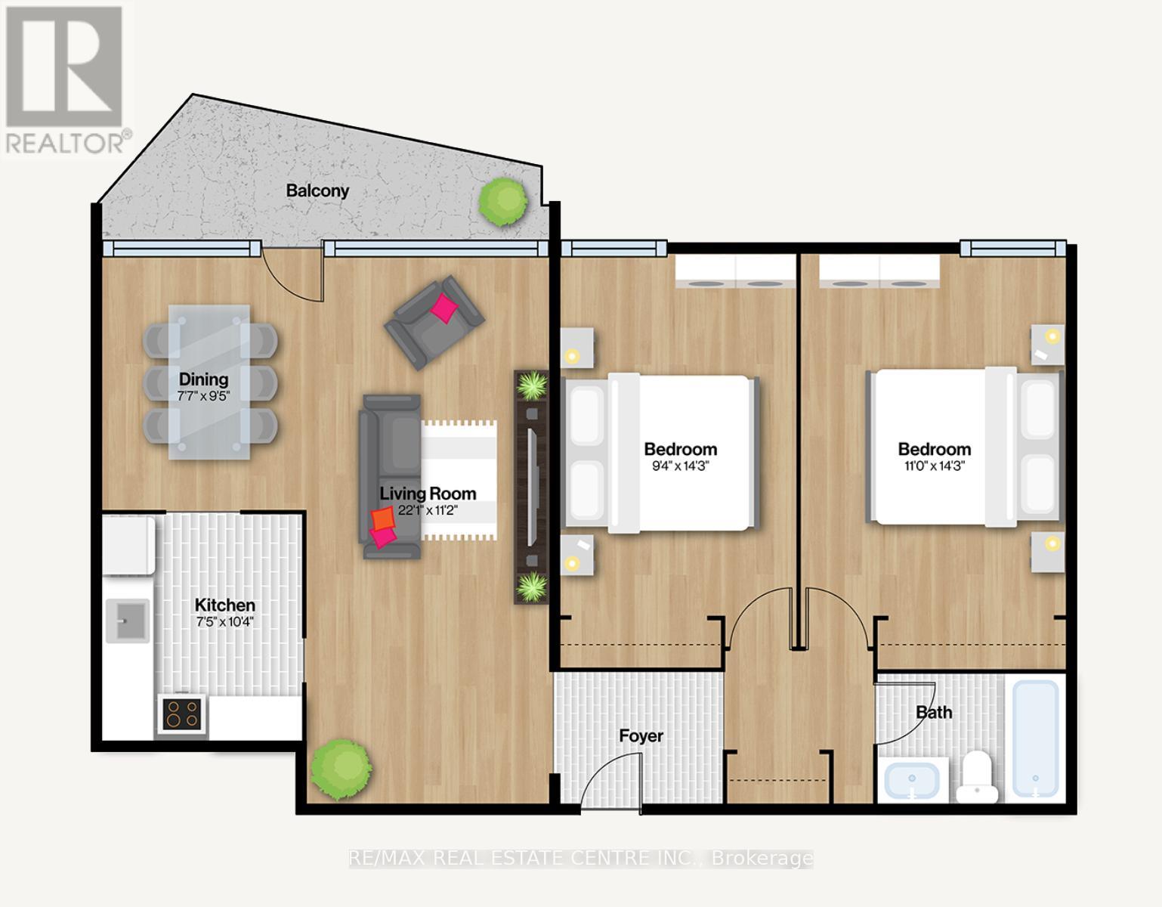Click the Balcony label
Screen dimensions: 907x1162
click(317, 190)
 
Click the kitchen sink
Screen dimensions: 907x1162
click(128, 620)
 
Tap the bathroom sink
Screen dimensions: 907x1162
click(912, 780)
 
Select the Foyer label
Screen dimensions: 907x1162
click(641, 735)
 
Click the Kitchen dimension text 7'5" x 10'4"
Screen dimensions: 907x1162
click(225, 623)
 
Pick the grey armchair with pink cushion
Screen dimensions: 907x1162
click(434, 322)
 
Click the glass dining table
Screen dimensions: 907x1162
click(209, 382)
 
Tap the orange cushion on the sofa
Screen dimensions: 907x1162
click(383, 519)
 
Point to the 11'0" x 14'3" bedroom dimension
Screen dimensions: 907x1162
click(934, 466)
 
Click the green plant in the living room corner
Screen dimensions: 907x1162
click(341, 768)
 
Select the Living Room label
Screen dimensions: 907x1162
click(428, 494)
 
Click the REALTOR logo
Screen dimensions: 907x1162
click(65, 79)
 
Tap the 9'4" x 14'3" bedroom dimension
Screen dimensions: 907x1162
click(680, 466)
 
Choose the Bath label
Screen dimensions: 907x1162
click(934, 712)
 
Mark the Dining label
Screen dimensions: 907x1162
click(203, 379)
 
